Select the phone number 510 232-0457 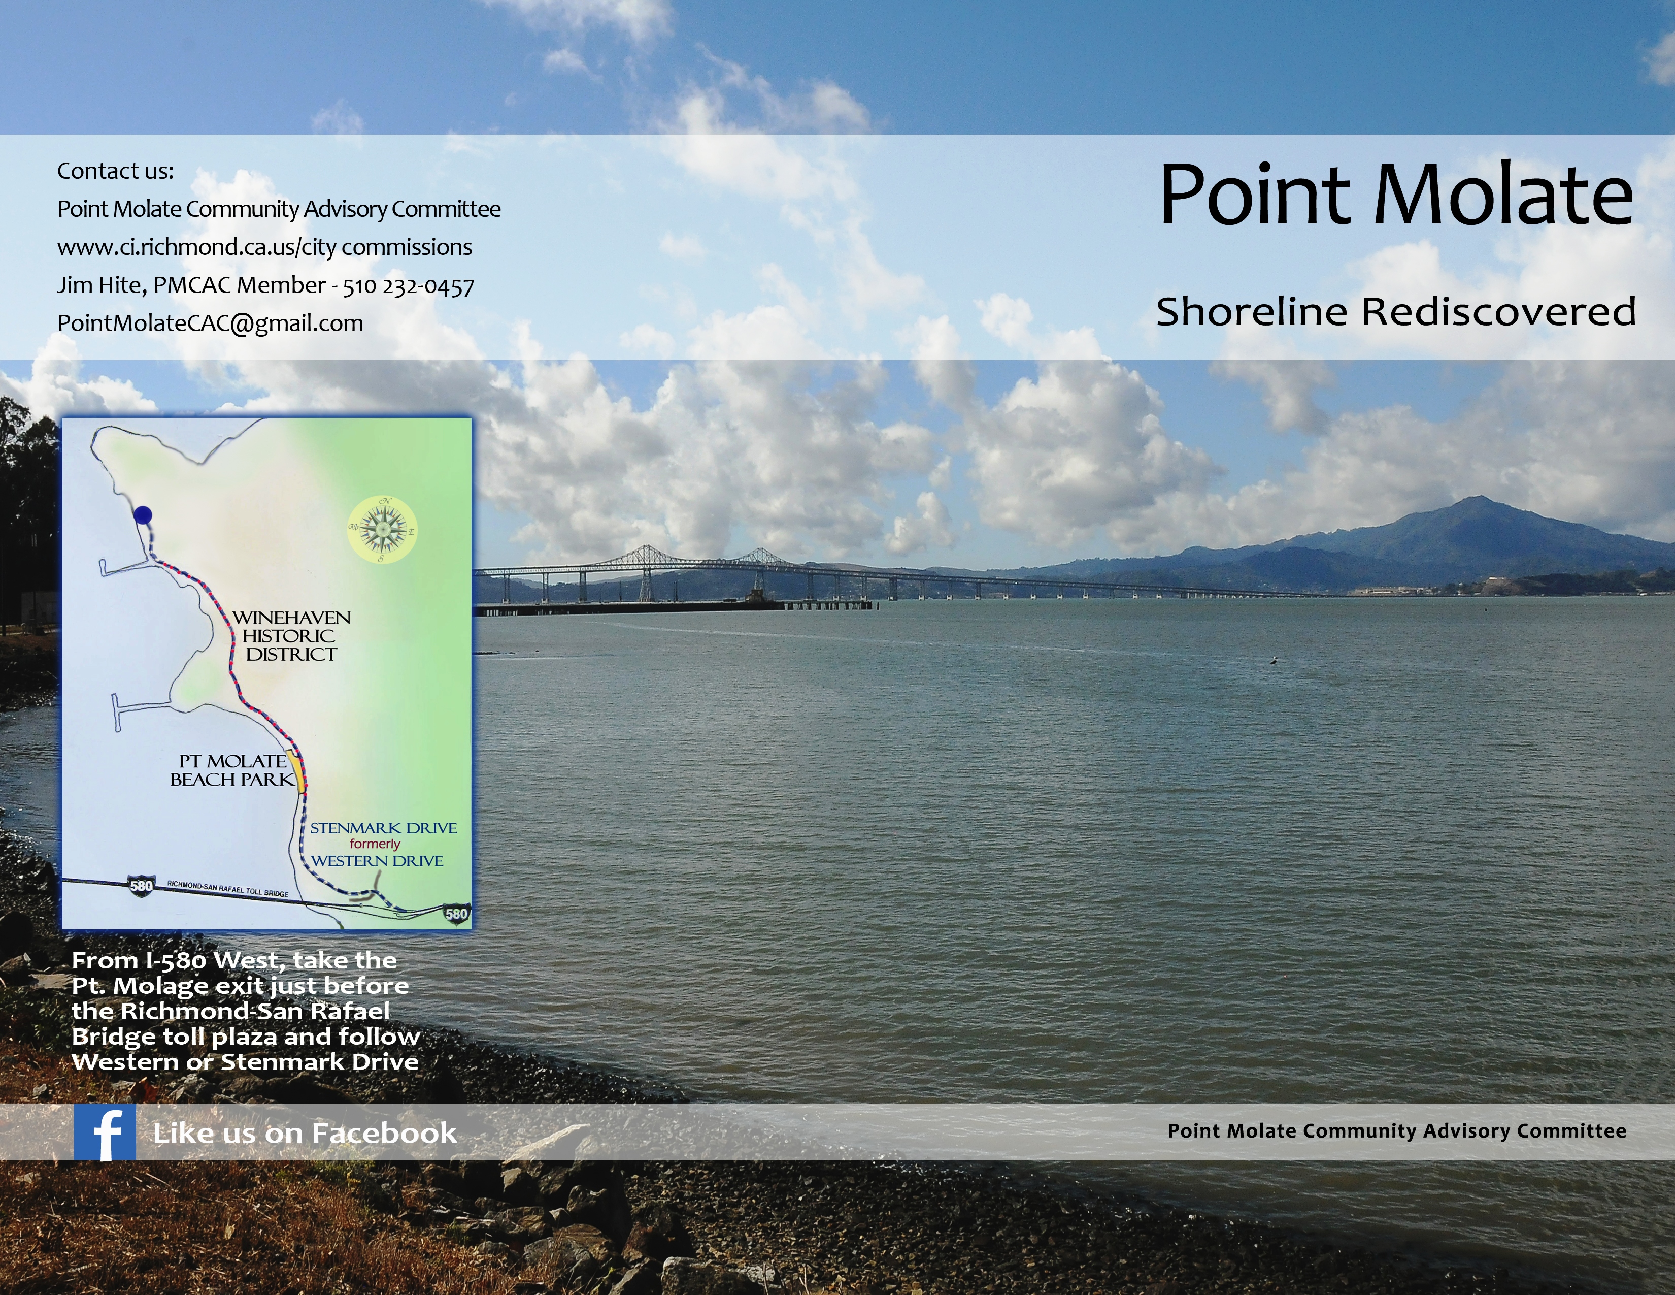pos(408,285)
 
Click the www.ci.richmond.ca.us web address pos(264,247)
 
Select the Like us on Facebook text pos(305,1133)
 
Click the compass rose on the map pos(381,529)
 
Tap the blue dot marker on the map pos(143,515)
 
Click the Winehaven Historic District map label pos(291,636)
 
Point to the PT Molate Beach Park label pos(231,770)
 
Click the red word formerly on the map pos(375,844)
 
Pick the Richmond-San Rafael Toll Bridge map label pos(228,889)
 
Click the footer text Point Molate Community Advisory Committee pos(1396,1131)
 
